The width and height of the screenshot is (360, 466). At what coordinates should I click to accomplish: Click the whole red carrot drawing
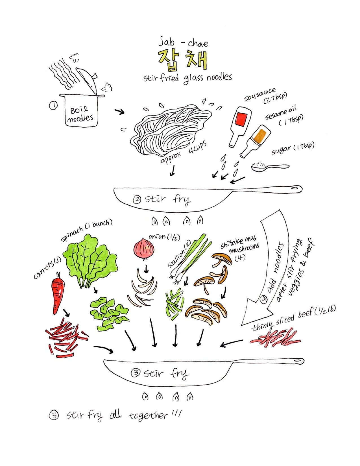[x=58, y=293]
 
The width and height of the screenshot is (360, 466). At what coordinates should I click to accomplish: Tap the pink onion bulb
[x=144, y=250]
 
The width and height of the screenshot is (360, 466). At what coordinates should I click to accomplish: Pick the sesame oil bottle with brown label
[x=256, y=141]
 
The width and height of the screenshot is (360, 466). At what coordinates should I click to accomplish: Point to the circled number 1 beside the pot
[x=53, y=106]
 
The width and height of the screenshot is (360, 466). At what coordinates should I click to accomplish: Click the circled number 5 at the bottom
[x=54, y=416]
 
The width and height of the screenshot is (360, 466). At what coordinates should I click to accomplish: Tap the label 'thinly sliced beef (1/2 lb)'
[x=293, y=318]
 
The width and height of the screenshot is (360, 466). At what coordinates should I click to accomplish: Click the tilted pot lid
[x=87, y=81]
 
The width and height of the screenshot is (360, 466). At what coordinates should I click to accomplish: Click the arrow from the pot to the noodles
[x=119, y=112]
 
